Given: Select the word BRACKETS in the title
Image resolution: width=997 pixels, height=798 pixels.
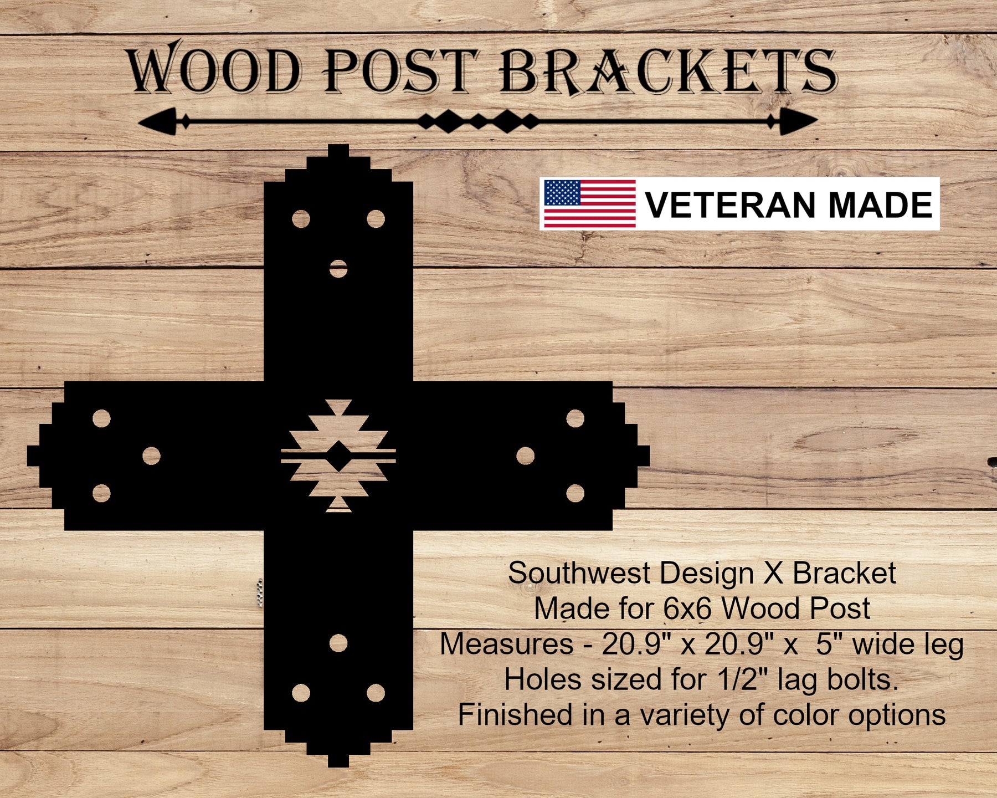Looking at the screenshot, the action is (x=668, y=70).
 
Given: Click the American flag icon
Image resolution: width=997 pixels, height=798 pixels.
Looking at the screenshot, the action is (x=589, y=203).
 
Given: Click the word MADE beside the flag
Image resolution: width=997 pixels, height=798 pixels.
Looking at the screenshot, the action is (x=881, y=204).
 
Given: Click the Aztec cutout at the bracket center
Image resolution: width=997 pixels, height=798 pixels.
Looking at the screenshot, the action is (x=338, y=456).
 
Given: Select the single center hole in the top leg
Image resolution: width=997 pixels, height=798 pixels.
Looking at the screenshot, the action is (x=338, y=269).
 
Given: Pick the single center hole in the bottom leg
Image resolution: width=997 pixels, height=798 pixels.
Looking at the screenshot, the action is (x=338, y=643).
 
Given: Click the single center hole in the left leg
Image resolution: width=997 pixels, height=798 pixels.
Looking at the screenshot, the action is (x=151, y=456).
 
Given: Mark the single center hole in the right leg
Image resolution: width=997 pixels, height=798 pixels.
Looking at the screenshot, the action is (x=525, y=456).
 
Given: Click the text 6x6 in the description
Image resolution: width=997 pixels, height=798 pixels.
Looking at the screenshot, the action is (x=687, y=608).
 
